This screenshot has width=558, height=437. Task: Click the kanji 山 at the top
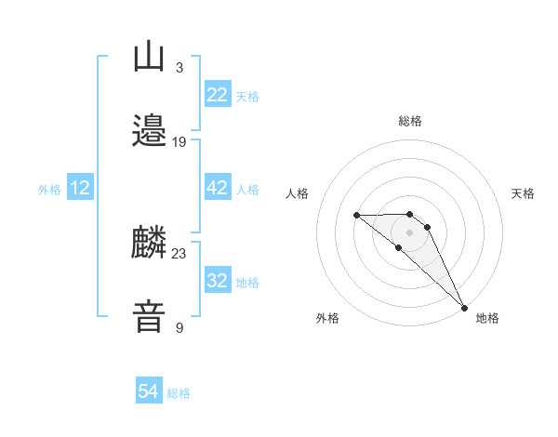click(x=150, y=58)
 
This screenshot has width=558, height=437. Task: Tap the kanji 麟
click(x=150, y=244)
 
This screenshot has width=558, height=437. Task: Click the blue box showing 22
click(x=217, y=95)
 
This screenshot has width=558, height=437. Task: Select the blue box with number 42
click(x=217, y=188)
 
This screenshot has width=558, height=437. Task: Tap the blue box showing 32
click(x=217, y=281)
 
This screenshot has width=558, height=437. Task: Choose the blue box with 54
click(x=149, y=391)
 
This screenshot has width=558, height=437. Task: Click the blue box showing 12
click(x=79, y=188)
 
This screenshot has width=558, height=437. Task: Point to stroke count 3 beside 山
click(x=179, y=67)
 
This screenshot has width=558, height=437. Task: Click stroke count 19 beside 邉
click(x=179, y=141)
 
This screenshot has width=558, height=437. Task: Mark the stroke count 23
click(x=179, y=253)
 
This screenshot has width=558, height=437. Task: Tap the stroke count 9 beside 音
click(x=179, y=327)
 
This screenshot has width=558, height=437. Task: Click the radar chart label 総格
click(x=409, y=121)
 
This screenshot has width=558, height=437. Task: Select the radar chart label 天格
click(x=523, y=193)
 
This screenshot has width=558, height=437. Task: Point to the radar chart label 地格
click(x=487, y=318)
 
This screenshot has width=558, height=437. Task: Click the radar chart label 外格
click(x=327, y=318)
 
